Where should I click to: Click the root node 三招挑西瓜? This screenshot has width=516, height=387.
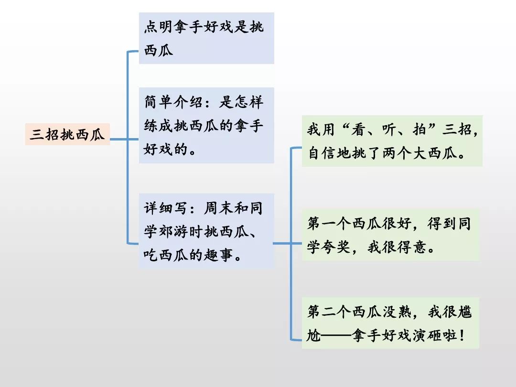(67, 134)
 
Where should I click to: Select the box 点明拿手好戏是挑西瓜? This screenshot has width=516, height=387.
(206, 38)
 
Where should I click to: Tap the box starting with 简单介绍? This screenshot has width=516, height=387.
(206, 125)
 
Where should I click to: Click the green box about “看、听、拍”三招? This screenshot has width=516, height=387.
(392, 141)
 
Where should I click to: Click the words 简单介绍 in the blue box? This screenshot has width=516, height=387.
(174, 102)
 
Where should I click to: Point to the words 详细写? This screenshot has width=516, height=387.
(167, 208)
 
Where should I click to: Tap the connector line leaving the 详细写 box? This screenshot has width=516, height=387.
(282, 243)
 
